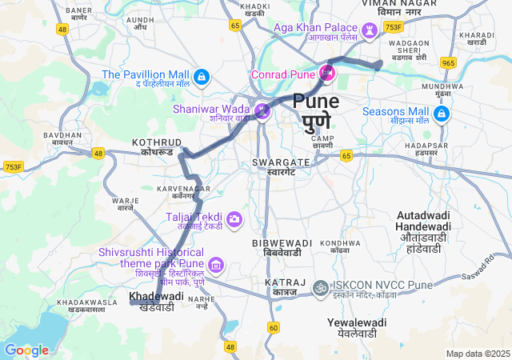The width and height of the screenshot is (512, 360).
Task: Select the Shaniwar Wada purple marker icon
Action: [x=262, y=112]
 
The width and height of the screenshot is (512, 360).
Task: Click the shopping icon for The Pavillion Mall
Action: [x=202, y=78]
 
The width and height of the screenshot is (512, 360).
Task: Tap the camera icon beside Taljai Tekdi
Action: [x=234, y=218]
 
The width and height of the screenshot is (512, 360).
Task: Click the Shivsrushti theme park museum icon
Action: [x=215, y=265]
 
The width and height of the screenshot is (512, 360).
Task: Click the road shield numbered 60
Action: [x=274, y=327]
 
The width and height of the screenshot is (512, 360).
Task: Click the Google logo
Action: [x=26, y=350]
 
